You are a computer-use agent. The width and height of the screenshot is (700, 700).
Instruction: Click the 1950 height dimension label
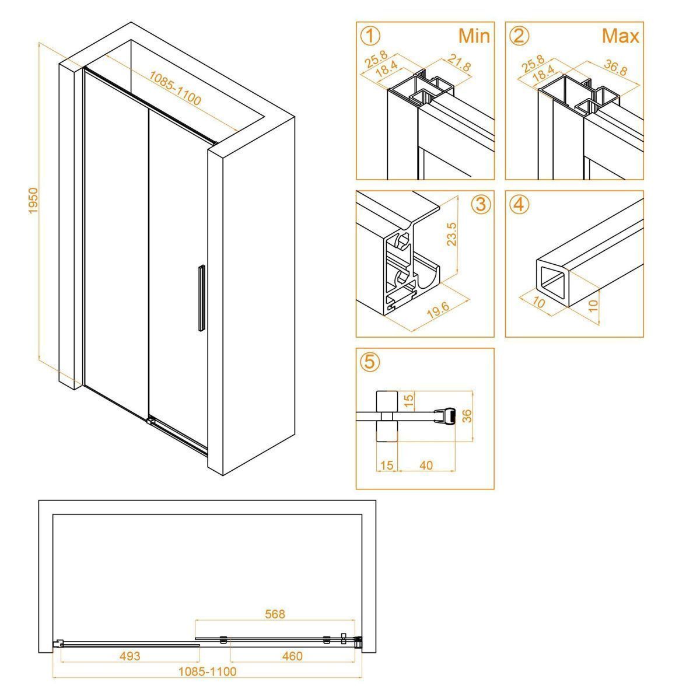tap(33, 201)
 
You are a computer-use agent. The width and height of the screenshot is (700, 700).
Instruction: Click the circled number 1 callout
tap(370, 37)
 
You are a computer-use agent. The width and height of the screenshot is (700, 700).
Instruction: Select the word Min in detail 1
tap(474, 36)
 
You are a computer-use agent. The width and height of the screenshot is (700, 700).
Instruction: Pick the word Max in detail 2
tap(621, 36)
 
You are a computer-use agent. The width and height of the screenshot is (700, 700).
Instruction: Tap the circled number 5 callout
tap(370, 362)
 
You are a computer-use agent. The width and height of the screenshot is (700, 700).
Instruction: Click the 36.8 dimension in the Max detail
tap(615, 68)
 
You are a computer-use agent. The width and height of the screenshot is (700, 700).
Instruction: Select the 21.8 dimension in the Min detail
tap(459, 62)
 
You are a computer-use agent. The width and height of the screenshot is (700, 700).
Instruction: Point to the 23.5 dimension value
tap(452, 235)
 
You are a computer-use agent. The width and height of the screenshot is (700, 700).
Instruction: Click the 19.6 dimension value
tap(437, 310)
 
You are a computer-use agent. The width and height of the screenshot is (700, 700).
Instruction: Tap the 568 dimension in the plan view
tap(275, 614)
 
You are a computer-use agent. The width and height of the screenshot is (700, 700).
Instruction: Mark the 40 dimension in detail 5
tap(426, 465)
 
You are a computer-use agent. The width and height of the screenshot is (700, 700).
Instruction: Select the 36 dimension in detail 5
tap(468, 415)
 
